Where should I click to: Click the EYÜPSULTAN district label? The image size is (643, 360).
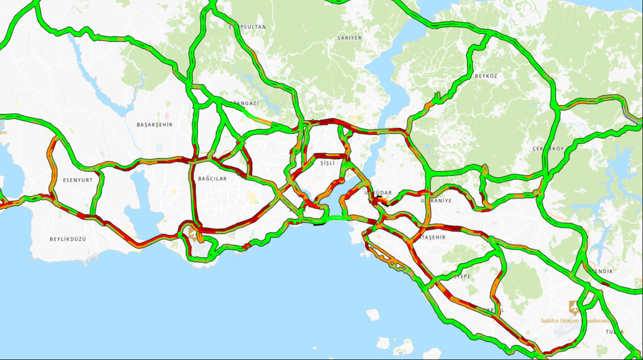pos(247,26)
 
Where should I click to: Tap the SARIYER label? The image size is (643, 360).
pos(349,38)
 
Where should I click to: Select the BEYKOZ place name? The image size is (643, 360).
pos(485,76)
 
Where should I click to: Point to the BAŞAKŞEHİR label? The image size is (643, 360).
pos(154,125)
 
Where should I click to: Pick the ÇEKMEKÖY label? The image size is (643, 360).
pos(548,149)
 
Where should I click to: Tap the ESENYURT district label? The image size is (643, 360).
pos(77,180)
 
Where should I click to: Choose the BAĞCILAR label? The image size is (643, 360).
pos(212,179)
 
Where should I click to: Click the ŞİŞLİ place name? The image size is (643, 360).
pos(328,163)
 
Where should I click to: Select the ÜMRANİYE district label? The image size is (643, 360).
pos(436,201)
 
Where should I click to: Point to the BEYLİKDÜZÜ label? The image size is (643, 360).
pos(68,239)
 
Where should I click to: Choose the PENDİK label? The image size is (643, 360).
pos(602,271)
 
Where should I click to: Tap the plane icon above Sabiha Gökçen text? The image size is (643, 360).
pos(574,307)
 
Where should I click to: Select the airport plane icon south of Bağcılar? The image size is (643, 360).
pos(194,235)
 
